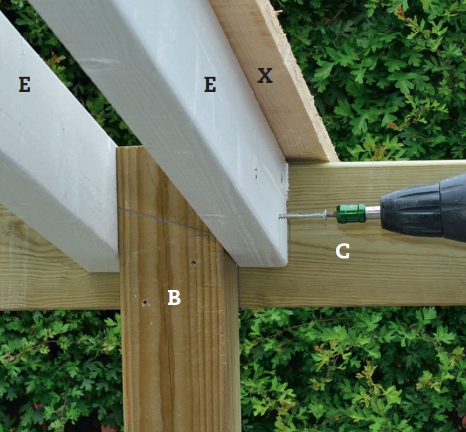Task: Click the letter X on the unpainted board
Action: pyautogui.click(x=265, y=75)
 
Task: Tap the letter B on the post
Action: pyautogui.click(x=174, y=297)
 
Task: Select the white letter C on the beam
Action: pyautogui.click(x=342, y=252)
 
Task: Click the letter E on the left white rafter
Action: pyautogui.click(x=25, y=84)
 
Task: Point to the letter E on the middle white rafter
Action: pyautogui.click(x=210, y=84)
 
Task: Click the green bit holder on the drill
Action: pyautogui.click(x=351, y=213)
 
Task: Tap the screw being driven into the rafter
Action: pyautogui.click(x=303, y=214)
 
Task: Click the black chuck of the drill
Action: pyautogui.click(x=423, y=208)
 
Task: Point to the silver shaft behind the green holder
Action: pyautogui.click(x=373, y=213)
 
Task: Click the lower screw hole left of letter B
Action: pyautogui.click(x=145, y=302)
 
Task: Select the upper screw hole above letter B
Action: pyautogui.click(x=194, y=262)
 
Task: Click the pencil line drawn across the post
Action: pyautogui.click(x=164, y=220)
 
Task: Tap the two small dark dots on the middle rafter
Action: pyautogui.click(x=256, y=174)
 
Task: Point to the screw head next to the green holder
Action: pyautogui.click(x=325, y=214)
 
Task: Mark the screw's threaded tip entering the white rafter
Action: pyautogui.click(x=281, y=216)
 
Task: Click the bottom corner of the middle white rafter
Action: pyautogui.click(x=286, y=265)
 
